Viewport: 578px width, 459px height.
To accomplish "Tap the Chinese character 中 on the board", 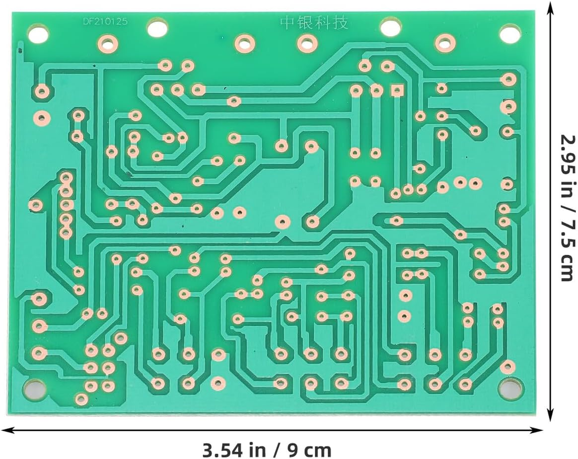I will (289, 23).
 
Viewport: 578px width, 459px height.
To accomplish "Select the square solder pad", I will (396, 90).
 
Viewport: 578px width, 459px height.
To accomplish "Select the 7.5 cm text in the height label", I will (567, 249).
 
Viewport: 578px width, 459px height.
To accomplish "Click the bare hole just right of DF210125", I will (157, 27).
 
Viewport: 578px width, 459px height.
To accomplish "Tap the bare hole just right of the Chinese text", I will (391, 27).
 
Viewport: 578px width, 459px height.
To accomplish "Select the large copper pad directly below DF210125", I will (106, 43).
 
